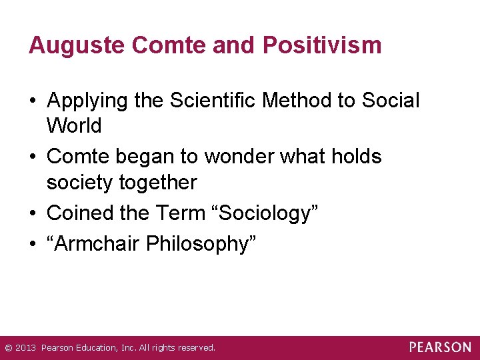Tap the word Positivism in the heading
323,45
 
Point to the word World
74,125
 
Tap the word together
155,182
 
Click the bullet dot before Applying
32,101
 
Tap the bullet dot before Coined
32,214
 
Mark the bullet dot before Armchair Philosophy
32,245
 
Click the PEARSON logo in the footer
440,347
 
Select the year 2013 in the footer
25,348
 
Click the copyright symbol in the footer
7,348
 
